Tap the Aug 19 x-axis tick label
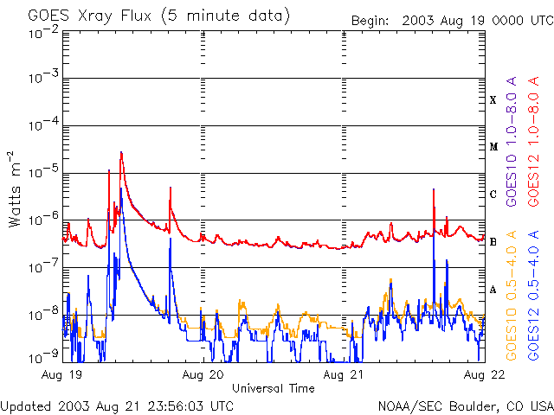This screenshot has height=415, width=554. coord(61,374)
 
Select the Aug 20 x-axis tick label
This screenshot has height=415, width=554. coord(203,374)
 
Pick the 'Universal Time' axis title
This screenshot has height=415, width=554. coord(274,388)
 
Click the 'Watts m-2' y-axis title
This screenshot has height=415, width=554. coord(15,188)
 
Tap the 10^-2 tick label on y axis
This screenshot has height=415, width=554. coord(41,32)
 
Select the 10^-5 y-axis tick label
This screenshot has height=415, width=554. coord(41,174)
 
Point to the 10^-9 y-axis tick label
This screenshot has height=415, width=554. coord(41,356)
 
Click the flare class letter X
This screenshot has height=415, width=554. coord(493,100)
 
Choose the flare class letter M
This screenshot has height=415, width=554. coord(493,147)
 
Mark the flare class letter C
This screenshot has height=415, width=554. coord(493,195)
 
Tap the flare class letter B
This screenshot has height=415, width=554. coord(493,242)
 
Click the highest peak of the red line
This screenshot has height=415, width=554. coord(121,152)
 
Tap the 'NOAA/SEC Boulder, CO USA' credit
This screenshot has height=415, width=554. coord(465,405)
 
